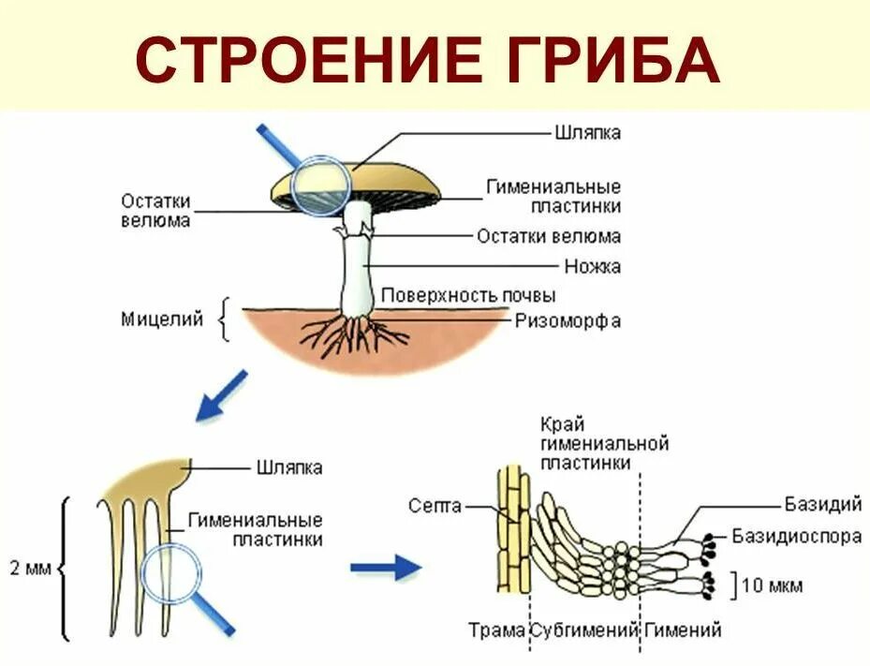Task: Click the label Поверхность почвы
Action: (x=468, y=296)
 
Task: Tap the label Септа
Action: (x=435, y=506)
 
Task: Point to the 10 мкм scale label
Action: (x=772, y=586)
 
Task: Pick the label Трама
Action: (x=495, y=629)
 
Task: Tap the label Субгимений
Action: (x=584, y=629)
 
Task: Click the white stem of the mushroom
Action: (x=356, y=272)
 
